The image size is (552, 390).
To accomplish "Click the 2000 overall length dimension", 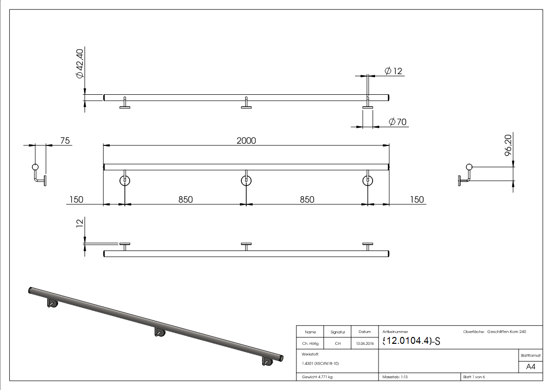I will pyautogui.click(x=246, y=140).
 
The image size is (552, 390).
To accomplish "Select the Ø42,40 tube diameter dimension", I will pyautogui.click(x=79, y=63).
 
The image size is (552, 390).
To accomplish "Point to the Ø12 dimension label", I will pyautogui.click(x=393, y=71).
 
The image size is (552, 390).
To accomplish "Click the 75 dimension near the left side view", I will pyautogui.click(x=64, y=140).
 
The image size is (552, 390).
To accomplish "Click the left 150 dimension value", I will pyautogui.click(x=76, y=199).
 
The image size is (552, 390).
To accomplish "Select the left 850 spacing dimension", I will pyautogui.click(x=185, y=199).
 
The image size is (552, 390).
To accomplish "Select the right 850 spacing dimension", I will pyautogui.click(x=307, y=199).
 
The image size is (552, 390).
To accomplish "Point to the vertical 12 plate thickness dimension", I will pyautogui.click(x=79, y=224).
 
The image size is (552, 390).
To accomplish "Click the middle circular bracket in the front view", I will pyautogui.click(x=246, y=180).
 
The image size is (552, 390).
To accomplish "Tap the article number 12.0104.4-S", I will pyautogui.click(x=410, y=341).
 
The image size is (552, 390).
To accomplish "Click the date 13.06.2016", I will pyautogui.click(x=364, y=344).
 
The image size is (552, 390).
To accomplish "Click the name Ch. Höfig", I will pyautogui.click(x=310, y=344).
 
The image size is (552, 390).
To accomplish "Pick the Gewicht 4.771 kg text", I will pyautogui.click(x=317, y=377).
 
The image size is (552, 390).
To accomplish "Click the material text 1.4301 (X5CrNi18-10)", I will pyautogui.click(x=320, y=363).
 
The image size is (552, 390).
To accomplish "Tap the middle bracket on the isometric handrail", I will pyautogui.click(x=160, y=333).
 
